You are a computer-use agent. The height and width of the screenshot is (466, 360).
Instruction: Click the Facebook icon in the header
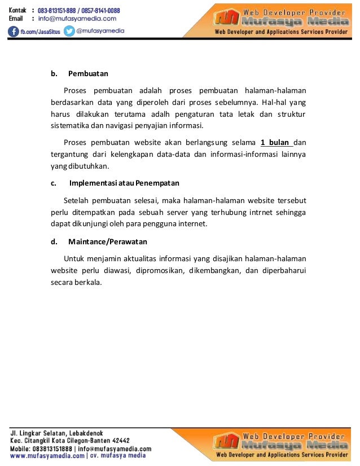pyautogui.click(x=14, y=31)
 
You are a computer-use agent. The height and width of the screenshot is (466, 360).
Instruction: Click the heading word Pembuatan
pyautogui.click(x=88, y=73)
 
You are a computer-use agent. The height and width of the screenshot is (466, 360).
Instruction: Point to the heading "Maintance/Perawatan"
pyautogui.click(x=108, y=241)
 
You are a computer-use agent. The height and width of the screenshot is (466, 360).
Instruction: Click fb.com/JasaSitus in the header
pyautogui.click(x=41, y=32)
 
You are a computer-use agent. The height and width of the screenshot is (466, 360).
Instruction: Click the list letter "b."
pyautogui.click(x=54, y=73)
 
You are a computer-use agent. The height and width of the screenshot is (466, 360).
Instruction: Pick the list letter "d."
pyautogui.click(x=54, y=241)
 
